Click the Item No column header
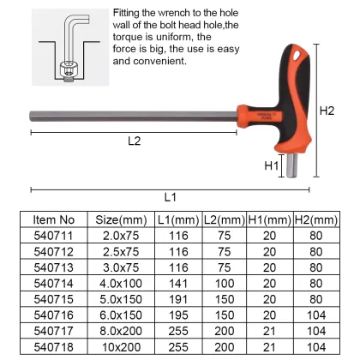click(x=59, y=219)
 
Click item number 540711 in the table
click(x=59, y=236)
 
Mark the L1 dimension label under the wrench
click(x=169, y=196)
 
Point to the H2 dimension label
click(x=327, y=111)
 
